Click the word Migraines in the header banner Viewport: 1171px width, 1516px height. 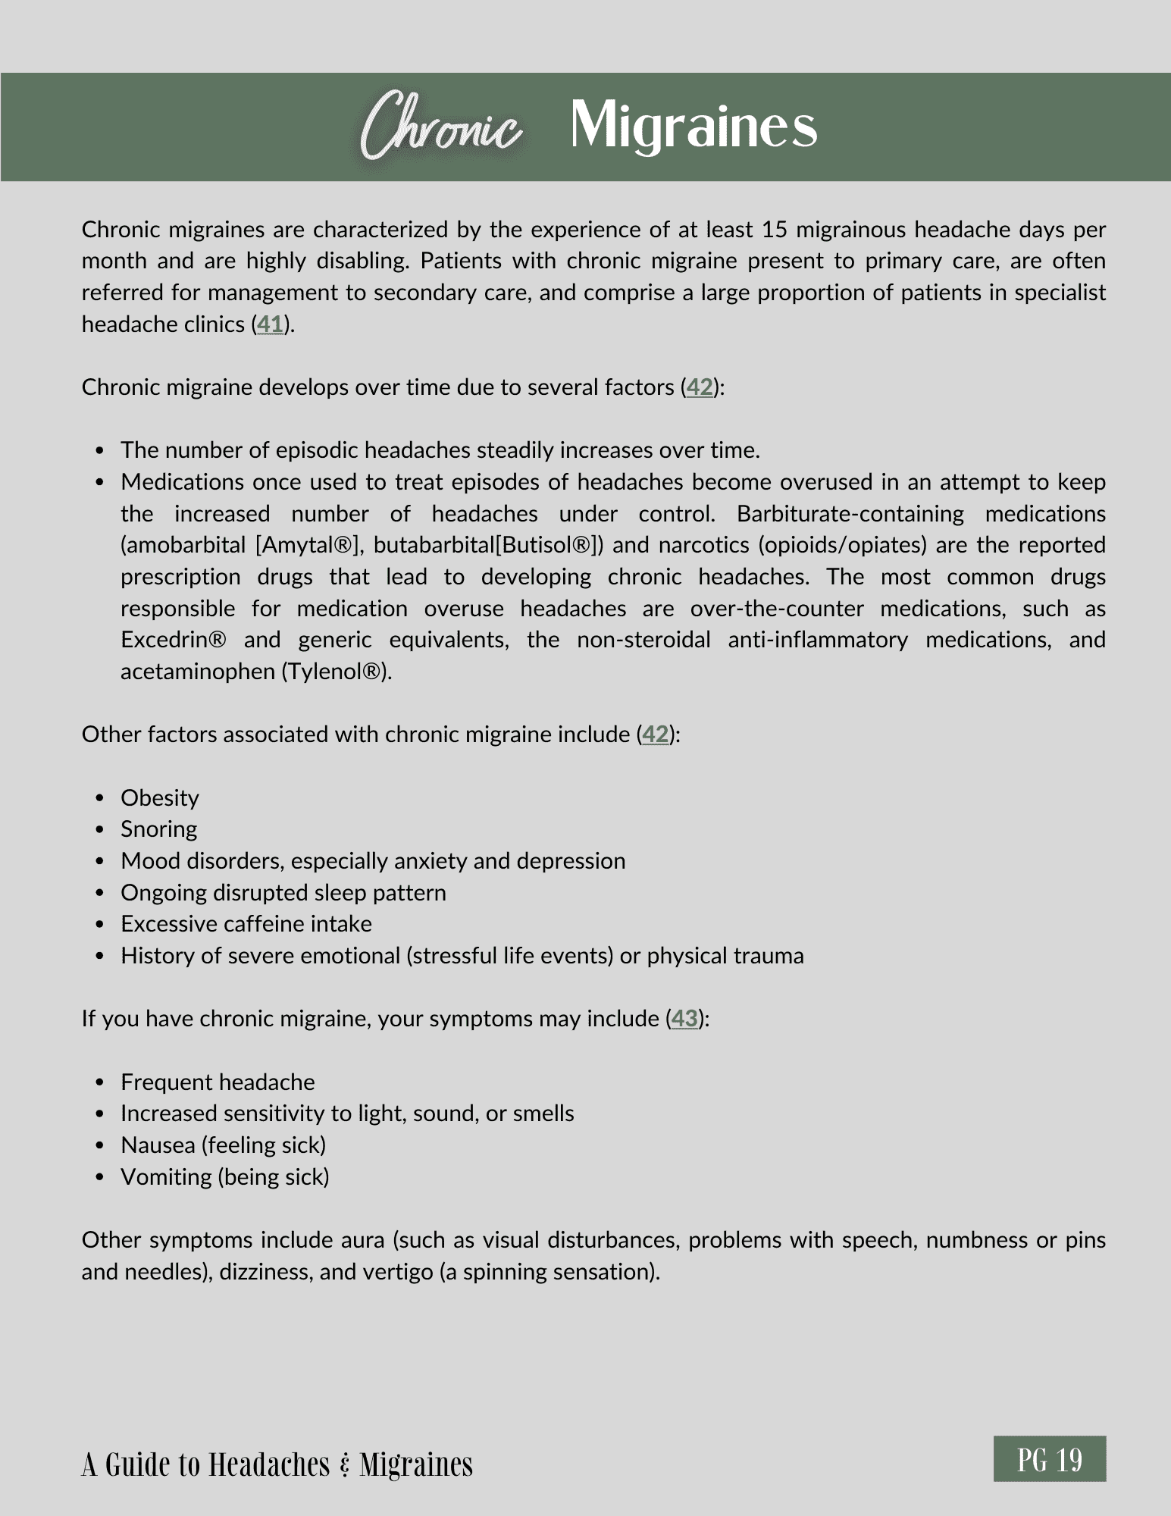point(694,126)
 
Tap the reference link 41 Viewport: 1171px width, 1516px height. point(271,324)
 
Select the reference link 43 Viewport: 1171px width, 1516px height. point(684,1018)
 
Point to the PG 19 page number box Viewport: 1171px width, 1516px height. point(1050,1458)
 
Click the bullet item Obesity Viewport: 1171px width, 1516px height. point(160,797)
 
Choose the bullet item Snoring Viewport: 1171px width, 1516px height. point(159,829)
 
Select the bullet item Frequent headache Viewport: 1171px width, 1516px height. point(218,1082)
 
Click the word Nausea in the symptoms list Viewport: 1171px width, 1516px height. point(158,1145)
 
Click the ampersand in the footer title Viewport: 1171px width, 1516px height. point(345,1464)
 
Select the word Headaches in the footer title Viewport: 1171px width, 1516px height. point(268,1464)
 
